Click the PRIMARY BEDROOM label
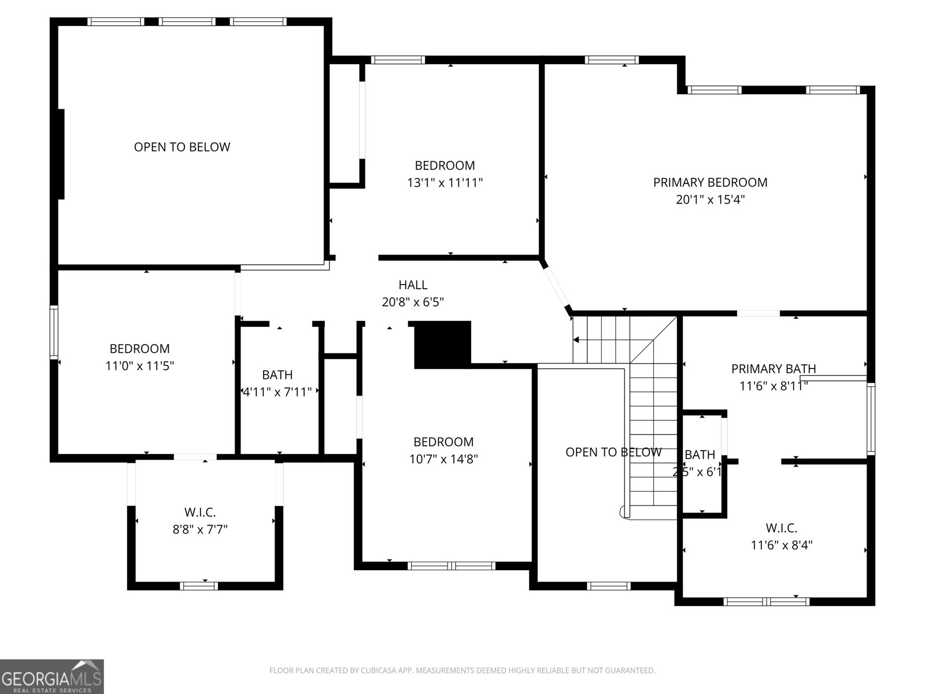(710, 182)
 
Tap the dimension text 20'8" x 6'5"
(413, 302)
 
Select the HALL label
(413, 285)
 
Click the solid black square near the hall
(443, 345)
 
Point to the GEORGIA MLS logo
(52, 677)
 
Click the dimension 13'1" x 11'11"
(445, 183)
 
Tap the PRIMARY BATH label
(774, 368)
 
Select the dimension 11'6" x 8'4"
(782, 545)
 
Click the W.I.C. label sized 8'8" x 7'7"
(200, 512)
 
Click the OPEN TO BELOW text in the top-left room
(182, 147)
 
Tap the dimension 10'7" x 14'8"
(443, 459)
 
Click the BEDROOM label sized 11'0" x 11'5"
(139, 349)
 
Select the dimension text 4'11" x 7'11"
(277, 392)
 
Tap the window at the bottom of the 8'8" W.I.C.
(199, 586)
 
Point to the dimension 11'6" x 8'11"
(774, 386)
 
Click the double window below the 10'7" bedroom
(452, 566)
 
